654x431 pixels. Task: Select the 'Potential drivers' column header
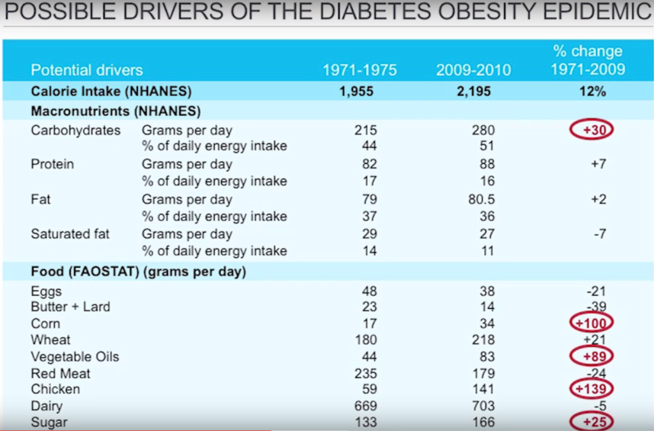[x=87, y=70]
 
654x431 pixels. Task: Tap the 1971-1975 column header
[x=360, y=70]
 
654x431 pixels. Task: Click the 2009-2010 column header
[x=473, y=70]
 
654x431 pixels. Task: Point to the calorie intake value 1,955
[x=356, y=92]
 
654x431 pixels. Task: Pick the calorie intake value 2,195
[x=473, y=92]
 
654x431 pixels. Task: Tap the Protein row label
[x=52, y=164]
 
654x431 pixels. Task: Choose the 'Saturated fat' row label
[x=70, y=234]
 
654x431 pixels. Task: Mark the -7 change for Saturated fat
[x=598, y=234]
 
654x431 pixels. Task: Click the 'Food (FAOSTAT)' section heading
[x=139, y=273]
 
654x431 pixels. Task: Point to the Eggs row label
[x=47, y=291]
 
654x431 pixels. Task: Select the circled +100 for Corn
[x=591, y=323]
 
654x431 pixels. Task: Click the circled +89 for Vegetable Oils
[x=591, y=356]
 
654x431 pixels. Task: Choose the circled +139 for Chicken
[x=591, y=388]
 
